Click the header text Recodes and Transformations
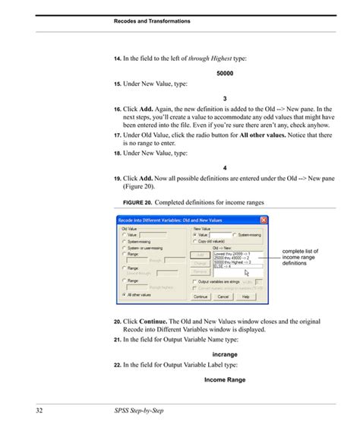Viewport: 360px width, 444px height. coord(153,21)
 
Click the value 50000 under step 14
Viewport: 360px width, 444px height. coord(225,73)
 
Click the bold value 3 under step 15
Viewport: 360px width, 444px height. coord(225,99)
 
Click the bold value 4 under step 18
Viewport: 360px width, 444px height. coord(225,167)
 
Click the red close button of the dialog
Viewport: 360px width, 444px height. coord(264,220)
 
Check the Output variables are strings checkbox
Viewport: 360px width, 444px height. coord(194,279)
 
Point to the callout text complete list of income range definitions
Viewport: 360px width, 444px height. coord(300,257)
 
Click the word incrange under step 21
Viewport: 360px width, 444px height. coord(225,354)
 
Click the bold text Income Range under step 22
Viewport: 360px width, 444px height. coord(225,380)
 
